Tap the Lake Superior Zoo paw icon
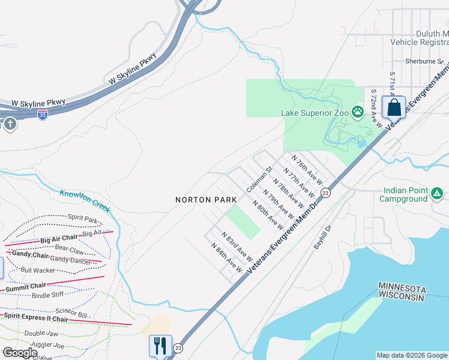pyautogui.click(x=358, y=111)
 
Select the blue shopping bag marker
pyautogui.click(x=394, y=107)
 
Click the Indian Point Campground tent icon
pyautogui.click(x=438, y=194)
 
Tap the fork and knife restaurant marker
pyautogui.click(x=160, y=346)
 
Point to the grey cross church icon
pyautogui.click(x=10, y=124)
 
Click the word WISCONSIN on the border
pyautogui.click(x=403, y=297)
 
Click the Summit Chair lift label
pyautogui.click(x=26, y=287)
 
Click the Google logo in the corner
pyautogui.click(x=20, y=353)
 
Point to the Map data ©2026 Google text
pyautogui.click(x=411, y=355)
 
